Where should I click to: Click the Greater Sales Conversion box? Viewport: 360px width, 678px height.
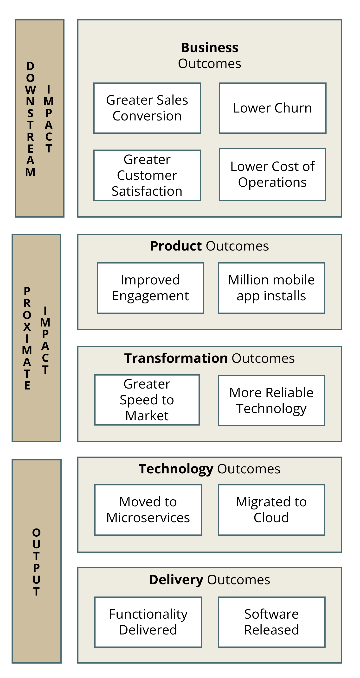[147, 108]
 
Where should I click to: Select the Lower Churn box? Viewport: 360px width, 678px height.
[273, 108]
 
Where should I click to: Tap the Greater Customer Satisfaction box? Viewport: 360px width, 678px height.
[147, 175]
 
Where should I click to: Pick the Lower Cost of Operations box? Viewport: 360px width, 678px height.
[272, 175]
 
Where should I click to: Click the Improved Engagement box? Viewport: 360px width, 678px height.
[150, 288]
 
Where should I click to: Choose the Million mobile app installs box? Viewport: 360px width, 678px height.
[271, 288]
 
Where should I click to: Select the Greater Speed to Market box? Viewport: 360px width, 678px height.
[147, 400]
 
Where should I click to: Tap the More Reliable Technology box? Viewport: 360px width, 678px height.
[271, 401]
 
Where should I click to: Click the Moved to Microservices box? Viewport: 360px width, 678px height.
[148, 510]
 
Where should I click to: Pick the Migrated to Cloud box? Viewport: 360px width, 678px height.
[271, 510]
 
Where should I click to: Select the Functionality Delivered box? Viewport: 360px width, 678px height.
[148, 622]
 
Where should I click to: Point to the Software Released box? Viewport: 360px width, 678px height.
[271, 622]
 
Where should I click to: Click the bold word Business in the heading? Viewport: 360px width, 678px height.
[210, 48]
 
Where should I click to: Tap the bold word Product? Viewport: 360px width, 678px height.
[176, 246]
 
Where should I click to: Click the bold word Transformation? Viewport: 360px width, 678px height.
[176, 358]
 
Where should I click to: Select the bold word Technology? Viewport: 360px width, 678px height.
[176, 469]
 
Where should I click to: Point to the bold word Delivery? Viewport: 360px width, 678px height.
[176, 580]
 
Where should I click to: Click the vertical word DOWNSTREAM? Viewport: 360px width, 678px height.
[30, 119]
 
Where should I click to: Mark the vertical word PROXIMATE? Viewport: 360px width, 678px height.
[27, 339]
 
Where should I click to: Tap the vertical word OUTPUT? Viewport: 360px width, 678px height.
[36, 562]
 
